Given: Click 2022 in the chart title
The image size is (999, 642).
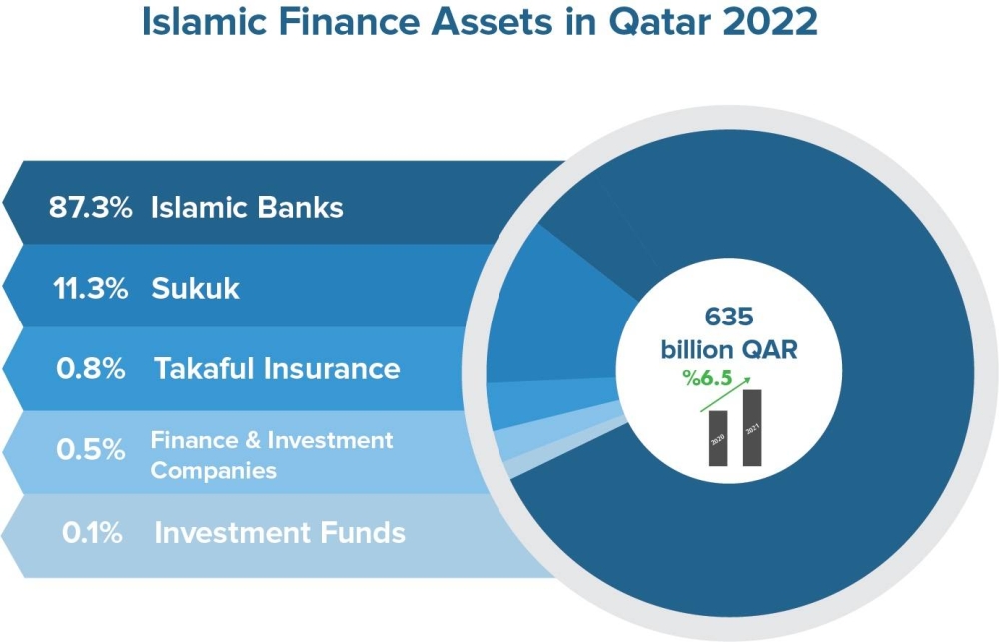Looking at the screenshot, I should [770, 22].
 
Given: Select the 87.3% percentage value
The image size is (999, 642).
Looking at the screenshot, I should [91, 208].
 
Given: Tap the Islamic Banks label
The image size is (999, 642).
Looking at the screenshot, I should [247, 208].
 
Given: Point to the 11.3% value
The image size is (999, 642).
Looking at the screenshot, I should [91, 289].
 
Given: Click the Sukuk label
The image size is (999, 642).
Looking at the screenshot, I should [195, 289].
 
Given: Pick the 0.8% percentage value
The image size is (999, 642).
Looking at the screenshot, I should [91, 368].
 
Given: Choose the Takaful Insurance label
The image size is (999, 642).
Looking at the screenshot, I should [277, 368].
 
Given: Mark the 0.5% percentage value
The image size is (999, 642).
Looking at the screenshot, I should [91, 450].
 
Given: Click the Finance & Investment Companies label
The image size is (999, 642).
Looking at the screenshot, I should [271, 454].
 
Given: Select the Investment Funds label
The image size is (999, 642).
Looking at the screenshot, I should [280, 532].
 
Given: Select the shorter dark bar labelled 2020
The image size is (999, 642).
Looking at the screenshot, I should [718, 438].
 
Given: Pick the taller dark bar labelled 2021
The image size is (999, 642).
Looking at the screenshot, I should [752, 427].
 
